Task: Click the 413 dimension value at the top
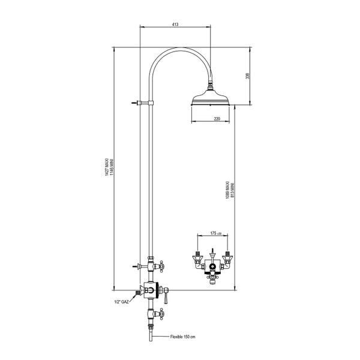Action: point(175,25)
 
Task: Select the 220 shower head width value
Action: point(216,119)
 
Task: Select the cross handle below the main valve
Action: point(161,312)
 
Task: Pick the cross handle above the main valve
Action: point(161,265)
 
